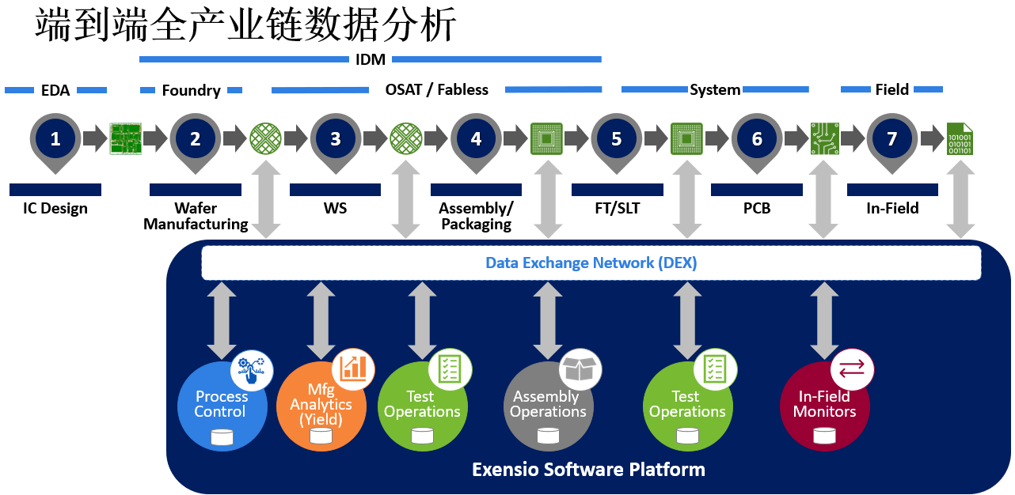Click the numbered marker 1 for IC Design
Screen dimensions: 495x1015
[55, 139]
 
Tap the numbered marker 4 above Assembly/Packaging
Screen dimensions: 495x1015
[476, 139]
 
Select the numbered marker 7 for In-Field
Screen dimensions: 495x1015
[892, 139]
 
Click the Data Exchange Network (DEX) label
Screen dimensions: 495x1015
[591, 263]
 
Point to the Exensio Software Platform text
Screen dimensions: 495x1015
[588, 470]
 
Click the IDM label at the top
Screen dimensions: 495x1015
[371, 59]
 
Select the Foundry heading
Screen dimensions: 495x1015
[191, 90]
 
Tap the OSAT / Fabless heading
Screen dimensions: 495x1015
[437, 90]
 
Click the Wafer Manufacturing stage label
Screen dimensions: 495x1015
[196, 217]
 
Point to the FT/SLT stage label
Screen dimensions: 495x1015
[617, 209]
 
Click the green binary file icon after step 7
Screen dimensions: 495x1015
[960, 139]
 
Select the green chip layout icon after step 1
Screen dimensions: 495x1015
[125, 139]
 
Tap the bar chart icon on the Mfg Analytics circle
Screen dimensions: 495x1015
[353, 368]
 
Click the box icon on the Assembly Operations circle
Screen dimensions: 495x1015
[580, 368]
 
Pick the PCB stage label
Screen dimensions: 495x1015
[757, 209]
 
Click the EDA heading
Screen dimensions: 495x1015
[55, 90]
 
